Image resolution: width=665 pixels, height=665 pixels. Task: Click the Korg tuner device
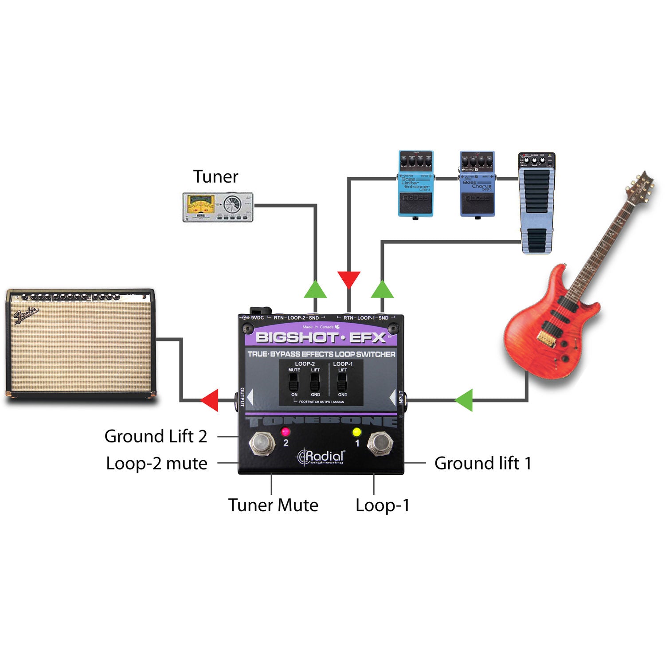click(x=218, y=207)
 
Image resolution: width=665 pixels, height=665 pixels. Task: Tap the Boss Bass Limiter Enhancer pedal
click(x=415, y=184)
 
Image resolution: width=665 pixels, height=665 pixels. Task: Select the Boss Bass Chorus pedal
click(x=477, y=184)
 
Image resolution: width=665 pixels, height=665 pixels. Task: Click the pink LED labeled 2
click(x=285, y=431)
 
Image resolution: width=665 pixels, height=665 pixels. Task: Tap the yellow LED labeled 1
click(x=356, y=432)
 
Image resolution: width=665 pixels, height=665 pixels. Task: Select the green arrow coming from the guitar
click(x=465, y=400)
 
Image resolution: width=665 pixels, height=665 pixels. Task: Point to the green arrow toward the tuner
click(x=315, y=289)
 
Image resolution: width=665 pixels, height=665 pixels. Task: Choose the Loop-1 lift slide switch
click(x=342, y=382)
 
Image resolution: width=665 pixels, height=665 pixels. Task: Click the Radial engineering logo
click(x=321, y=457)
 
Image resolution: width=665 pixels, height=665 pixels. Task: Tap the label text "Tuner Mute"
click(x=273, y=505)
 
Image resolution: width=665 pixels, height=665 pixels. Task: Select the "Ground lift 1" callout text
click(x=482, y=463)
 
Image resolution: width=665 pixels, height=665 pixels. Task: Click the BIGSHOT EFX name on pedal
click(x=321, y=338)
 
